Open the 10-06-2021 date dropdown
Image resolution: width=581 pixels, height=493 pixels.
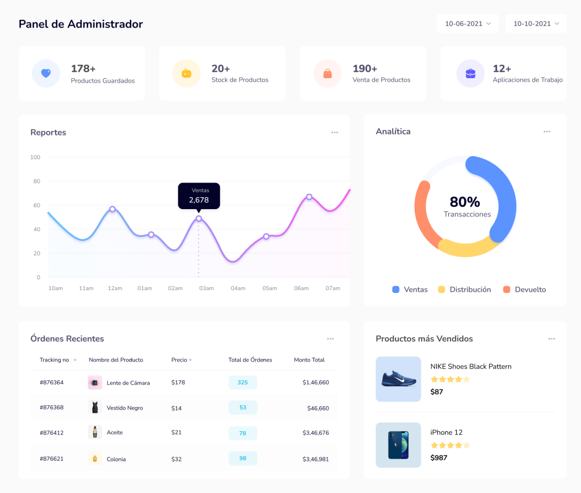click(468, 24)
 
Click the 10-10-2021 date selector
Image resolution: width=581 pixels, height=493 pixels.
click(536, 24)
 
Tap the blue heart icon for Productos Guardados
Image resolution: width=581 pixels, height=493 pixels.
click(46, 74)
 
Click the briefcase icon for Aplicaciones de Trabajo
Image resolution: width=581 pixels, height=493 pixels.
click(470, 74)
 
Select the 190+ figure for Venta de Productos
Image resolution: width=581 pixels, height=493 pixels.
click(365, 69)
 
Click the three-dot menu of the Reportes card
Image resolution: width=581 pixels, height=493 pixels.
click(335, 133)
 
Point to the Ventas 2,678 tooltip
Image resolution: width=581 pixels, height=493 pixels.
click(199, 195)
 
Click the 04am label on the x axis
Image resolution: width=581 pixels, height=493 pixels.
click(238, 288)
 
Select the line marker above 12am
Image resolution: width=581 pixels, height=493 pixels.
click(112, 209)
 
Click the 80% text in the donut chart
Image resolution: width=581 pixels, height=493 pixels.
click(465, 202)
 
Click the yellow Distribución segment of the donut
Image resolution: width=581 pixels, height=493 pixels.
click(468, 248)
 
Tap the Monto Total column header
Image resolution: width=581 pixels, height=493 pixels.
click(309, 360)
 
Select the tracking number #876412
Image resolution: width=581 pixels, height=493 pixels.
click(52, 433)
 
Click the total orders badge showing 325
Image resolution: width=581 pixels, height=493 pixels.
click(243, 382)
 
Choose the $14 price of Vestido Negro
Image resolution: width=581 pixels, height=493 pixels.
click(176, 408)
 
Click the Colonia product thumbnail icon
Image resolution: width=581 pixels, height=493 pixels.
click(95, 459)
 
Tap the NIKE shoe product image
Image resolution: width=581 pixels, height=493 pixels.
click(398, 379)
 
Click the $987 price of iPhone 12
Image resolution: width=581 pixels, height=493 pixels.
click(439, 458)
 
